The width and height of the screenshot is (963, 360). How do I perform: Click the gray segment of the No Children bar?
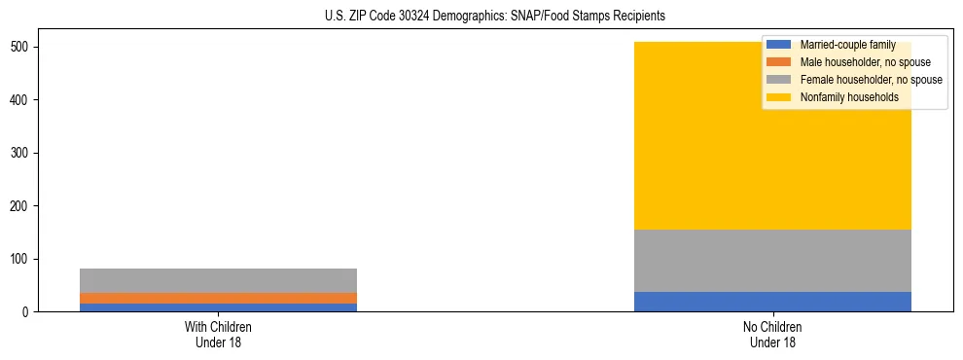772,261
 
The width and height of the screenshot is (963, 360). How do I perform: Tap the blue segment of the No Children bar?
772,302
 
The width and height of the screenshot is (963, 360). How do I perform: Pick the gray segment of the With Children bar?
218,280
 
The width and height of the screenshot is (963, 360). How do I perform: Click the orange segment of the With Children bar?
218,298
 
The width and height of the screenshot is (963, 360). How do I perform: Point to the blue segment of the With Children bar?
218,307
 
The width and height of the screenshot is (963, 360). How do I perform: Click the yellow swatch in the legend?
779,97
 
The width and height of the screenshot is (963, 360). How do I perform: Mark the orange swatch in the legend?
779,62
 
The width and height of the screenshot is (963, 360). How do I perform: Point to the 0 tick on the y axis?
33,312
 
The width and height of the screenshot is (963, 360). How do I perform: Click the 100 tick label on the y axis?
26,259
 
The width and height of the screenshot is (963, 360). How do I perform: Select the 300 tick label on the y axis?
26,153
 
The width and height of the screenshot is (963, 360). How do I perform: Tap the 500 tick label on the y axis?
26,47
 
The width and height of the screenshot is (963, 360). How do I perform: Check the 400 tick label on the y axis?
26,100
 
